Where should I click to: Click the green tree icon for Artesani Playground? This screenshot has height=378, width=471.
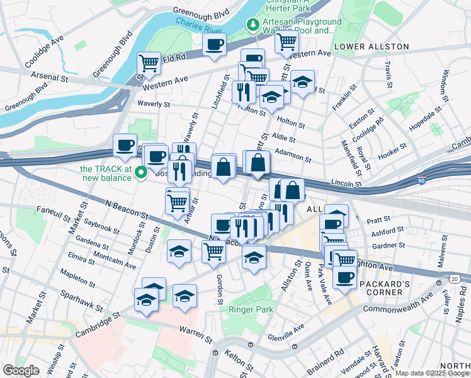253,25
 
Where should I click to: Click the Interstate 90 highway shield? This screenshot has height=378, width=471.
419,181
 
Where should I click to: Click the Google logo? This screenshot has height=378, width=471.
21,370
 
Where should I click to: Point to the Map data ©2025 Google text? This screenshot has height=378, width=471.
432,373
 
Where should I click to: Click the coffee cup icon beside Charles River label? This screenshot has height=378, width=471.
214,45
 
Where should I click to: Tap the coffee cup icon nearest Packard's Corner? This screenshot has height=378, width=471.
344,277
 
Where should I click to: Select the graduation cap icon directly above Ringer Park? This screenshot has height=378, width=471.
254,258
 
